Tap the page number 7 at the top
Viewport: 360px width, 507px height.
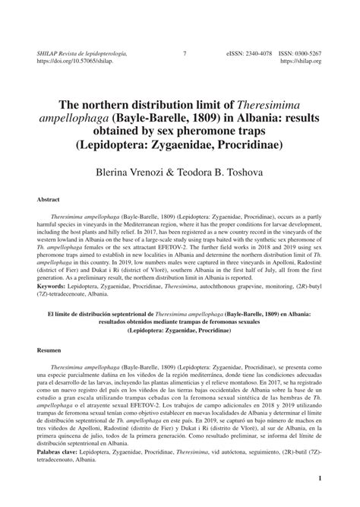pyautogui.click(x=185, y=54)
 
